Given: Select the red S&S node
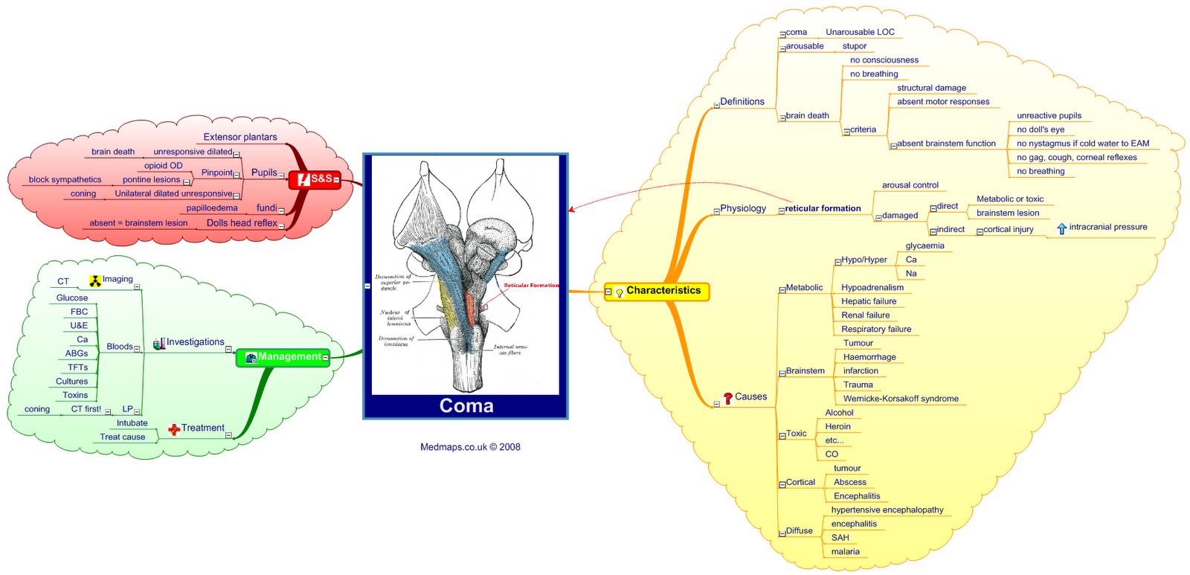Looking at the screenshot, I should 315,179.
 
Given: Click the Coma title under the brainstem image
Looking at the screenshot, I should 466,405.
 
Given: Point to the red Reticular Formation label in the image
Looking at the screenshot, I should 531,286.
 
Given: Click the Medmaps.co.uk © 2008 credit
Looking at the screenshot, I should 470,447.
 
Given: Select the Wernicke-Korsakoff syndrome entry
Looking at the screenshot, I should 901,399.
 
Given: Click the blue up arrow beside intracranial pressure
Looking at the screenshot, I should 1061,228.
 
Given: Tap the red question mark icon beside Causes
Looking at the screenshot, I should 727,398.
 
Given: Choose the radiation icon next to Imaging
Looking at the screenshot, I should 95,280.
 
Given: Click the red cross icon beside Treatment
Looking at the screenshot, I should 174,429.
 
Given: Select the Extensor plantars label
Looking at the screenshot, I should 240,137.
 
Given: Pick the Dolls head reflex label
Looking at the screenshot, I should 242,223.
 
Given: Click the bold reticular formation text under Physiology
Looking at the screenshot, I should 823,208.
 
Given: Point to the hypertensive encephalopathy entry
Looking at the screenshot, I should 887,510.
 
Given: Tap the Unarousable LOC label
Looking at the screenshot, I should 860,32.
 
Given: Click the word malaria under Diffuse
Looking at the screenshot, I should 846,552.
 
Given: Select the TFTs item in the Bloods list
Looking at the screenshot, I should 77,367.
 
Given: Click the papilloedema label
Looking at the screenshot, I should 212,208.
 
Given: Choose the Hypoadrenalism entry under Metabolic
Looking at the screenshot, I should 872,288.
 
